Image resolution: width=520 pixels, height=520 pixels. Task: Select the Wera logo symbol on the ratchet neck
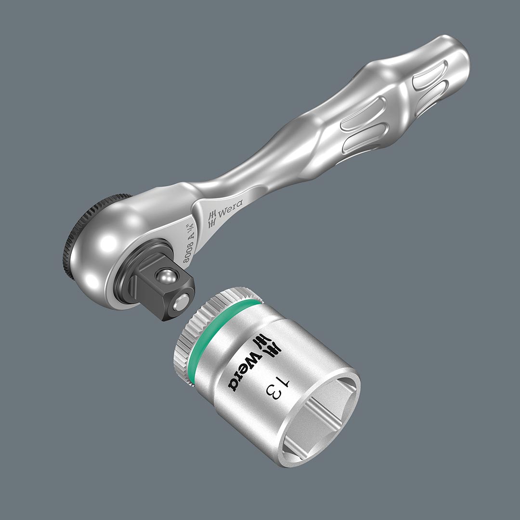(x=211, y=220)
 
